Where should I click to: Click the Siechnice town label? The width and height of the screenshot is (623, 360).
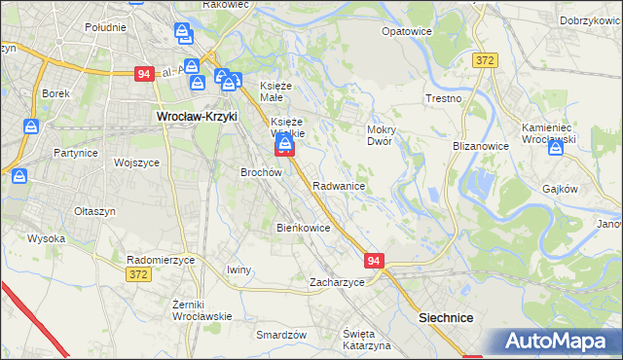coord(446,318)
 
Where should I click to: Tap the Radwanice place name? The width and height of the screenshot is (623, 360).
coord(339,185)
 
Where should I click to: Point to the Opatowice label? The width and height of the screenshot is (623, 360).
coord(407,31)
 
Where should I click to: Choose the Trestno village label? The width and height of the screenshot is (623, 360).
coord(443,99)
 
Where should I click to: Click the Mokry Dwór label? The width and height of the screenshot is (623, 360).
coord(379,134)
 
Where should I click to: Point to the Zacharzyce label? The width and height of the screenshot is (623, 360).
coord(337,282)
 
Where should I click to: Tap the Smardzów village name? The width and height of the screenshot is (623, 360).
coord(281,335)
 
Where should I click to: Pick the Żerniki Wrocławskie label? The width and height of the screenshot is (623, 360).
coord(202,310)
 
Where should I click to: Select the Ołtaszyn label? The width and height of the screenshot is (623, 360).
coord(95,210)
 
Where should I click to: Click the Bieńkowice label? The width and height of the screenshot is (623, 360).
coord(304,228)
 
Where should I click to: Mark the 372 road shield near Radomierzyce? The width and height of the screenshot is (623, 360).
coord(139,276)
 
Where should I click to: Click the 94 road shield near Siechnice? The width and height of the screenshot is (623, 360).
coord(376,261)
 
